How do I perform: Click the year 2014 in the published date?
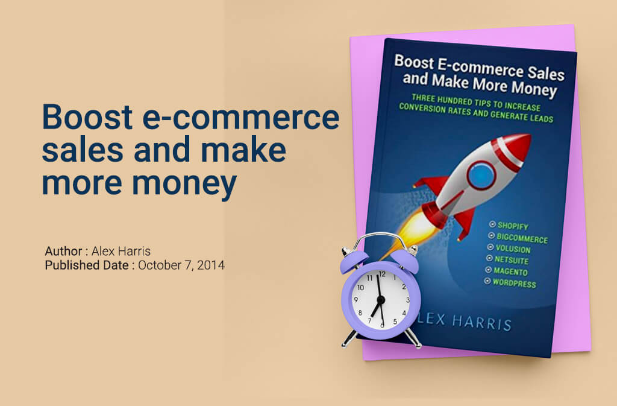coord(211,264)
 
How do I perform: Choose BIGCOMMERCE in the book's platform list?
coord(522,239)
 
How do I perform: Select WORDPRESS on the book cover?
coord(514,284)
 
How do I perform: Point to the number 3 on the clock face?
coord(408,299)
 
